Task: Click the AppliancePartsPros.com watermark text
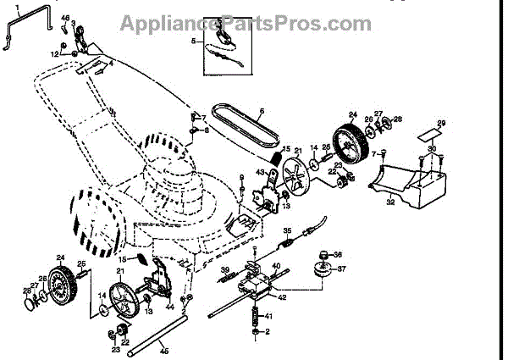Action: (x=245, y=23)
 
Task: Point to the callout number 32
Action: (x=390, y=203)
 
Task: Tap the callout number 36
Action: (x=337, y=255)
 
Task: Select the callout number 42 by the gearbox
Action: (x=283, y=297)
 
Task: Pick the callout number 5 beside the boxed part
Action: (x=194, y=40)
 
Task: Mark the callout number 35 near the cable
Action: (x=287, y=230)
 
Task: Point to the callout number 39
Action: (x=224, y=269)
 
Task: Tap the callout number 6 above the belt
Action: (x=262, y=111)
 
